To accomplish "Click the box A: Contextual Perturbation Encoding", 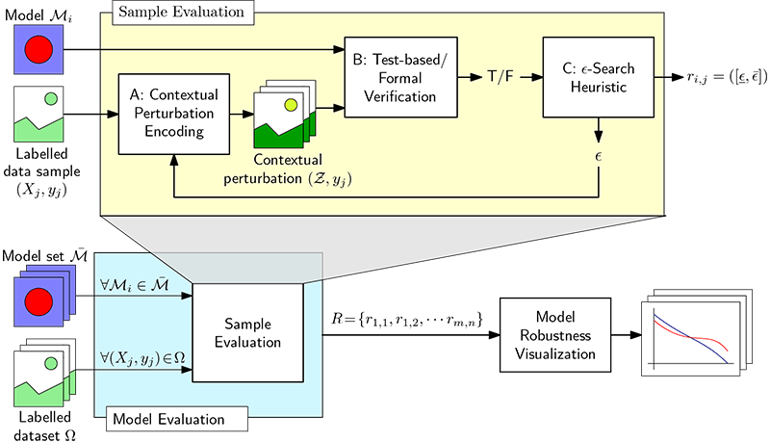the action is pyautogui.click(x=174, y=114).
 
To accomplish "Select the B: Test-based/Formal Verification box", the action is pyautogui.click(x=400, y=77).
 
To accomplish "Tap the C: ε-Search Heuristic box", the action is pyautogui.click(x=598, y=77).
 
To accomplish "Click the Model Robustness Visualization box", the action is pyautogui.click(x=555, y=335).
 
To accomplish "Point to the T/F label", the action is pyautogui.click(x=500, y=77).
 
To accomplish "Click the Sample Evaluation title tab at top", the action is pyautogui.click(x=183, y=13).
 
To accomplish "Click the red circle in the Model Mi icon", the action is pyautogui.click(x=38, y=50).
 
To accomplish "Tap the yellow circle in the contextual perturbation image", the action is pyautogui.click(x=292, y=105).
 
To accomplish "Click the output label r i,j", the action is pyautogui.click(x=727, y=78).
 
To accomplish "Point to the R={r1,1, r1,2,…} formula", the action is pyautogui.click(x=407, y=320).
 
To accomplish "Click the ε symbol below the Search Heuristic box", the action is pyautogui.click(x=598, y=156).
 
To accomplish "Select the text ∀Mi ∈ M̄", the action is pyautogui.click(x=134, y=285).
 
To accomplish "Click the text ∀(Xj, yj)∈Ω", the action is pyautogui.click(x=142, y=358).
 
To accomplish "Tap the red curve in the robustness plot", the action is pyautogui.click(x=691, y=336).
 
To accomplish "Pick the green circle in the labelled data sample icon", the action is pyautogui.click(x=51, y=99).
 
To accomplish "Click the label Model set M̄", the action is pyautogui.click(x=44, y=256).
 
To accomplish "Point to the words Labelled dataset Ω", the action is pyautogui.click(x=44, y=426).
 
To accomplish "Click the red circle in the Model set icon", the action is pyautogui.click(x=38, y=301).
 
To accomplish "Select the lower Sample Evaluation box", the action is pyautogui.click(x=247, y=332).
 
